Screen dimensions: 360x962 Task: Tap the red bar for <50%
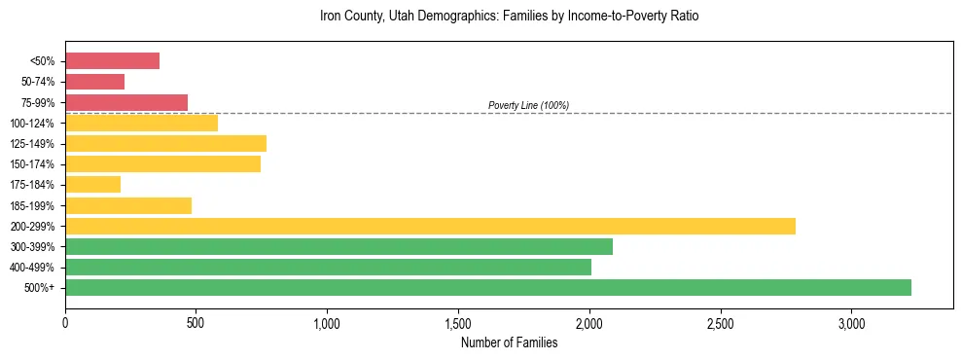click(112, 61)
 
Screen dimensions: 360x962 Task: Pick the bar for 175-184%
click(92, 185)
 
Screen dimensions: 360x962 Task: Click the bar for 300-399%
click(338, 246)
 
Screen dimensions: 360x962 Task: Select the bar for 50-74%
click(94, 82)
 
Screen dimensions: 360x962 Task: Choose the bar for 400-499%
click(328, 267)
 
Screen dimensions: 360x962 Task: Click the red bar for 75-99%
click(126, 102)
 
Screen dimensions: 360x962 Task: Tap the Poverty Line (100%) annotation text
click(528, 105)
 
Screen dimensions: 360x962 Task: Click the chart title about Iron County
click(509, 17)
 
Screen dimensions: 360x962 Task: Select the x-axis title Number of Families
click(509, 342)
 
